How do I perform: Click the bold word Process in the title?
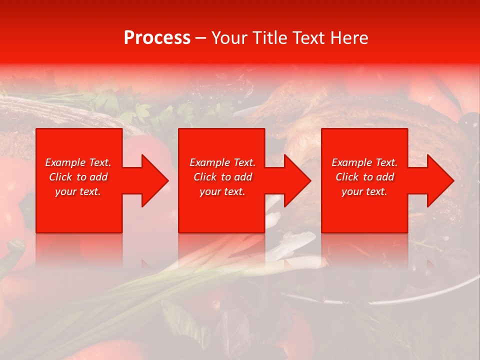point(157,38)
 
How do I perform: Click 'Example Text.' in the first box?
point(78,162)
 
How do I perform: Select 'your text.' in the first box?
point(78,191)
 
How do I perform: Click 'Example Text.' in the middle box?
point(222,162)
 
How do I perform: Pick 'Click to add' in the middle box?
point(222,177)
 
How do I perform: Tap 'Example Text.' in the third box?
point(364,162)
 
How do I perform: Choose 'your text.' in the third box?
point(364,191)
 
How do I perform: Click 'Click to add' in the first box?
point(78,177)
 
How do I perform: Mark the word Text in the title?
point(310,38)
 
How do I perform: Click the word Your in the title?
point(229,38)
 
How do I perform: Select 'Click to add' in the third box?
point(364,177)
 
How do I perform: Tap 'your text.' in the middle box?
point(222,191)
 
